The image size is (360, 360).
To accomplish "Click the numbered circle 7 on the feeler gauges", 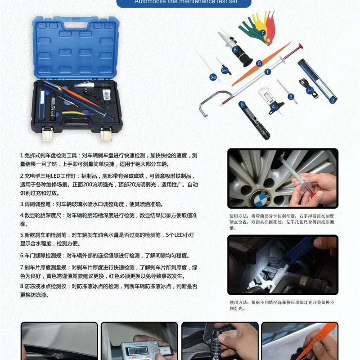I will point(263,32).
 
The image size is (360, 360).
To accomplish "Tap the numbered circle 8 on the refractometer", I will point(235,50).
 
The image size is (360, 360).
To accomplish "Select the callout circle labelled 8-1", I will point(225,70).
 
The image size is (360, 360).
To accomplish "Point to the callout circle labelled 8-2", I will point(213,77).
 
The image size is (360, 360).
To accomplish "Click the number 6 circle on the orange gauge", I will point(259,63).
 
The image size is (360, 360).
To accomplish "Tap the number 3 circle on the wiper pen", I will point(290,96).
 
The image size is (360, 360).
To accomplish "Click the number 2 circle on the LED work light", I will point(333,100).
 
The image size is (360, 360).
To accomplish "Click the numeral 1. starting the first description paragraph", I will point(22,156).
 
